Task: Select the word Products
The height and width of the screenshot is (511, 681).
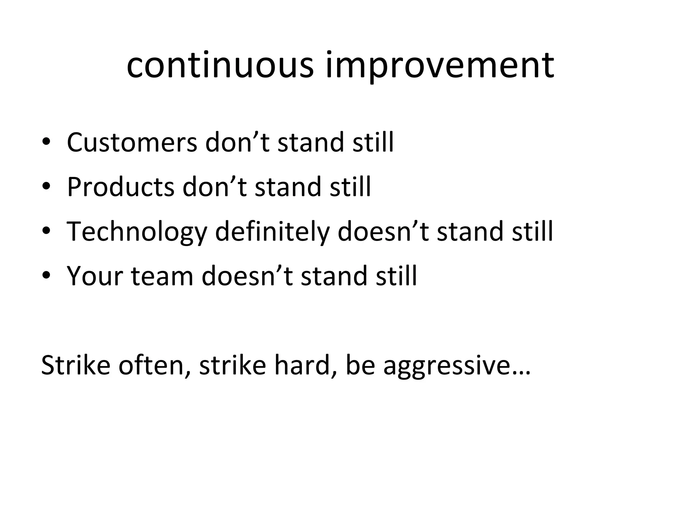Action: click(x=120, y=187)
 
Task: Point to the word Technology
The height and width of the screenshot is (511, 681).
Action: click(x=137, y=232)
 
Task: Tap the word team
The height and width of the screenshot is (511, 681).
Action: click(x=162, y=276)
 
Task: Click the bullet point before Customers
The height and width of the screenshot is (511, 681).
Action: click(x=46, y=143)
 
